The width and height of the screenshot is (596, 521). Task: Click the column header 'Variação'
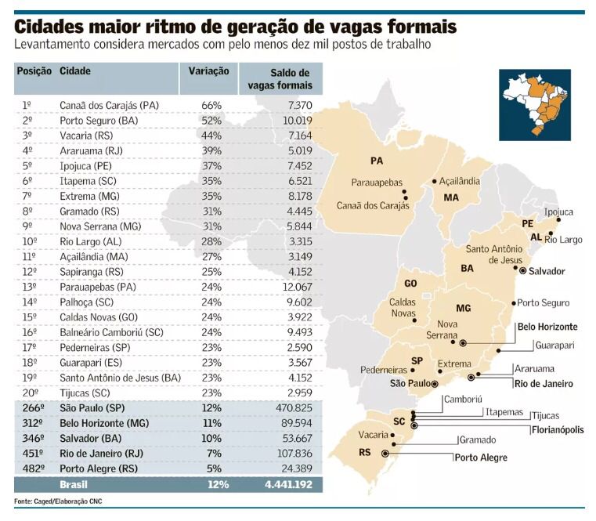208,71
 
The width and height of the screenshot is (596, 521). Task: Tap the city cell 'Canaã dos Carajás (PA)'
109,105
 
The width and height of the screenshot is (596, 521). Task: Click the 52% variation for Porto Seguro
211,120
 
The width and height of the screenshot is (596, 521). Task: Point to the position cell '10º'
28,241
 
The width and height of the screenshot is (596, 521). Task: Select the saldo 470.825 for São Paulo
291,409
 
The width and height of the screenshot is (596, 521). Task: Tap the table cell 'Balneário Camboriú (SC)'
111,332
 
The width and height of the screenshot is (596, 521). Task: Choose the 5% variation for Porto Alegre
213,469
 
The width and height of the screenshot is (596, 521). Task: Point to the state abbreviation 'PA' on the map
377,161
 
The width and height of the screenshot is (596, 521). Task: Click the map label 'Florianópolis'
558,430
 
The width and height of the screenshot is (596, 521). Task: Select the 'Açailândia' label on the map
460,181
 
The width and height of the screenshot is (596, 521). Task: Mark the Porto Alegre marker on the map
385,453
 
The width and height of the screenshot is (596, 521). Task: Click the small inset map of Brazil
535,104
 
